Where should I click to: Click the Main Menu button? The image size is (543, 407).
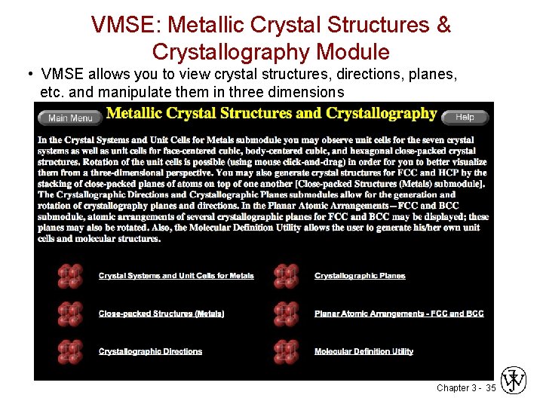pos(70,118)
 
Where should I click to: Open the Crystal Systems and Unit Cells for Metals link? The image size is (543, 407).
pos(176,276)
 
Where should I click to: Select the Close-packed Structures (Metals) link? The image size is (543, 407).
pos(161,314)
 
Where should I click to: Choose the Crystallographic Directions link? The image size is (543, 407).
pos(150,351)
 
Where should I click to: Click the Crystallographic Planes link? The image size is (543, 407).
pos(360,276)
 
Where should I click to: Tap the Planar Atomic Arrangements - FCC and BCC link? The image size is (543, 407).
pos(399,314)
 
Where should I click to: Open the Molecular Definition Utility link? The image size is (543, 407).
pos(364,351)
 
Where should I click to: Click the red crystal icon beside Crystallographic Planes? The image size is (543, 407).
pos(286,276)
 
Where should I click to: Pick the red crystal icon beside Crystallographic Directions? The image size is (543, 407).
pos(70,351)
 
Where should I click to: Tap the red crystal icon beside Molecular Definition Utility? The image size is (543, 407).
pos(286,351)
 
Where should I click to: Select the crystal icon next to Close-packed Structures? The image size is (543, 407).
pos(70,314)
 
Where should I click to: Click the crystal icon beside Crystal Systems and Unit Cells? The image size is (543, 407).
pos(70,276)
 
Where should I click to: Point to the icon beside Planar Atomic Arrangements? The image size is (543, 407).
pos(286,314)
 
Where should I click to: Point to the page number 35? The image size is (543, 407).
pos(490,388)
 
